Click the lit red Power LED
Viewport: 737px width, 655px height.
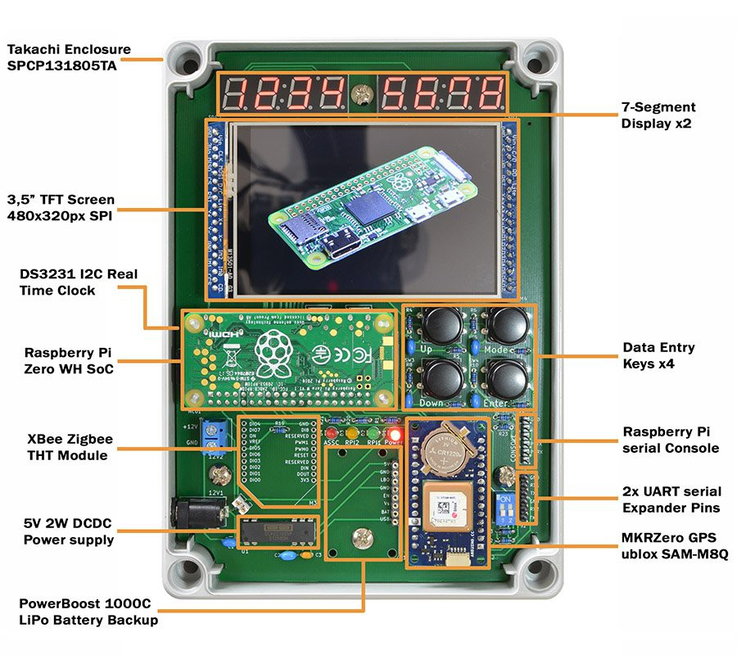[x=395, y=433]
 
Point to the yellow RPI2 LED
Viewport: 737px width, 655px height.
[x=353, y=433]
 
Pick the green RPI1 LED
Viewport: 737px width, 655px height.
[x=374, y=433]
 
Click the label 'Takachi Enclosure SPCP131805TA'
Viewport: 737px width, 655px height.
[x=69, y=58]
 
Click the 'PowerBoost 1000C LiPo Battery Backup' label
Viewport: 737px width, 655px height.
[x=88, y=612]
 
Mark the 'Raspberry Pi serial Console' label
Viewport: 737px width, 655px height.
[x=671, y=440]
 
